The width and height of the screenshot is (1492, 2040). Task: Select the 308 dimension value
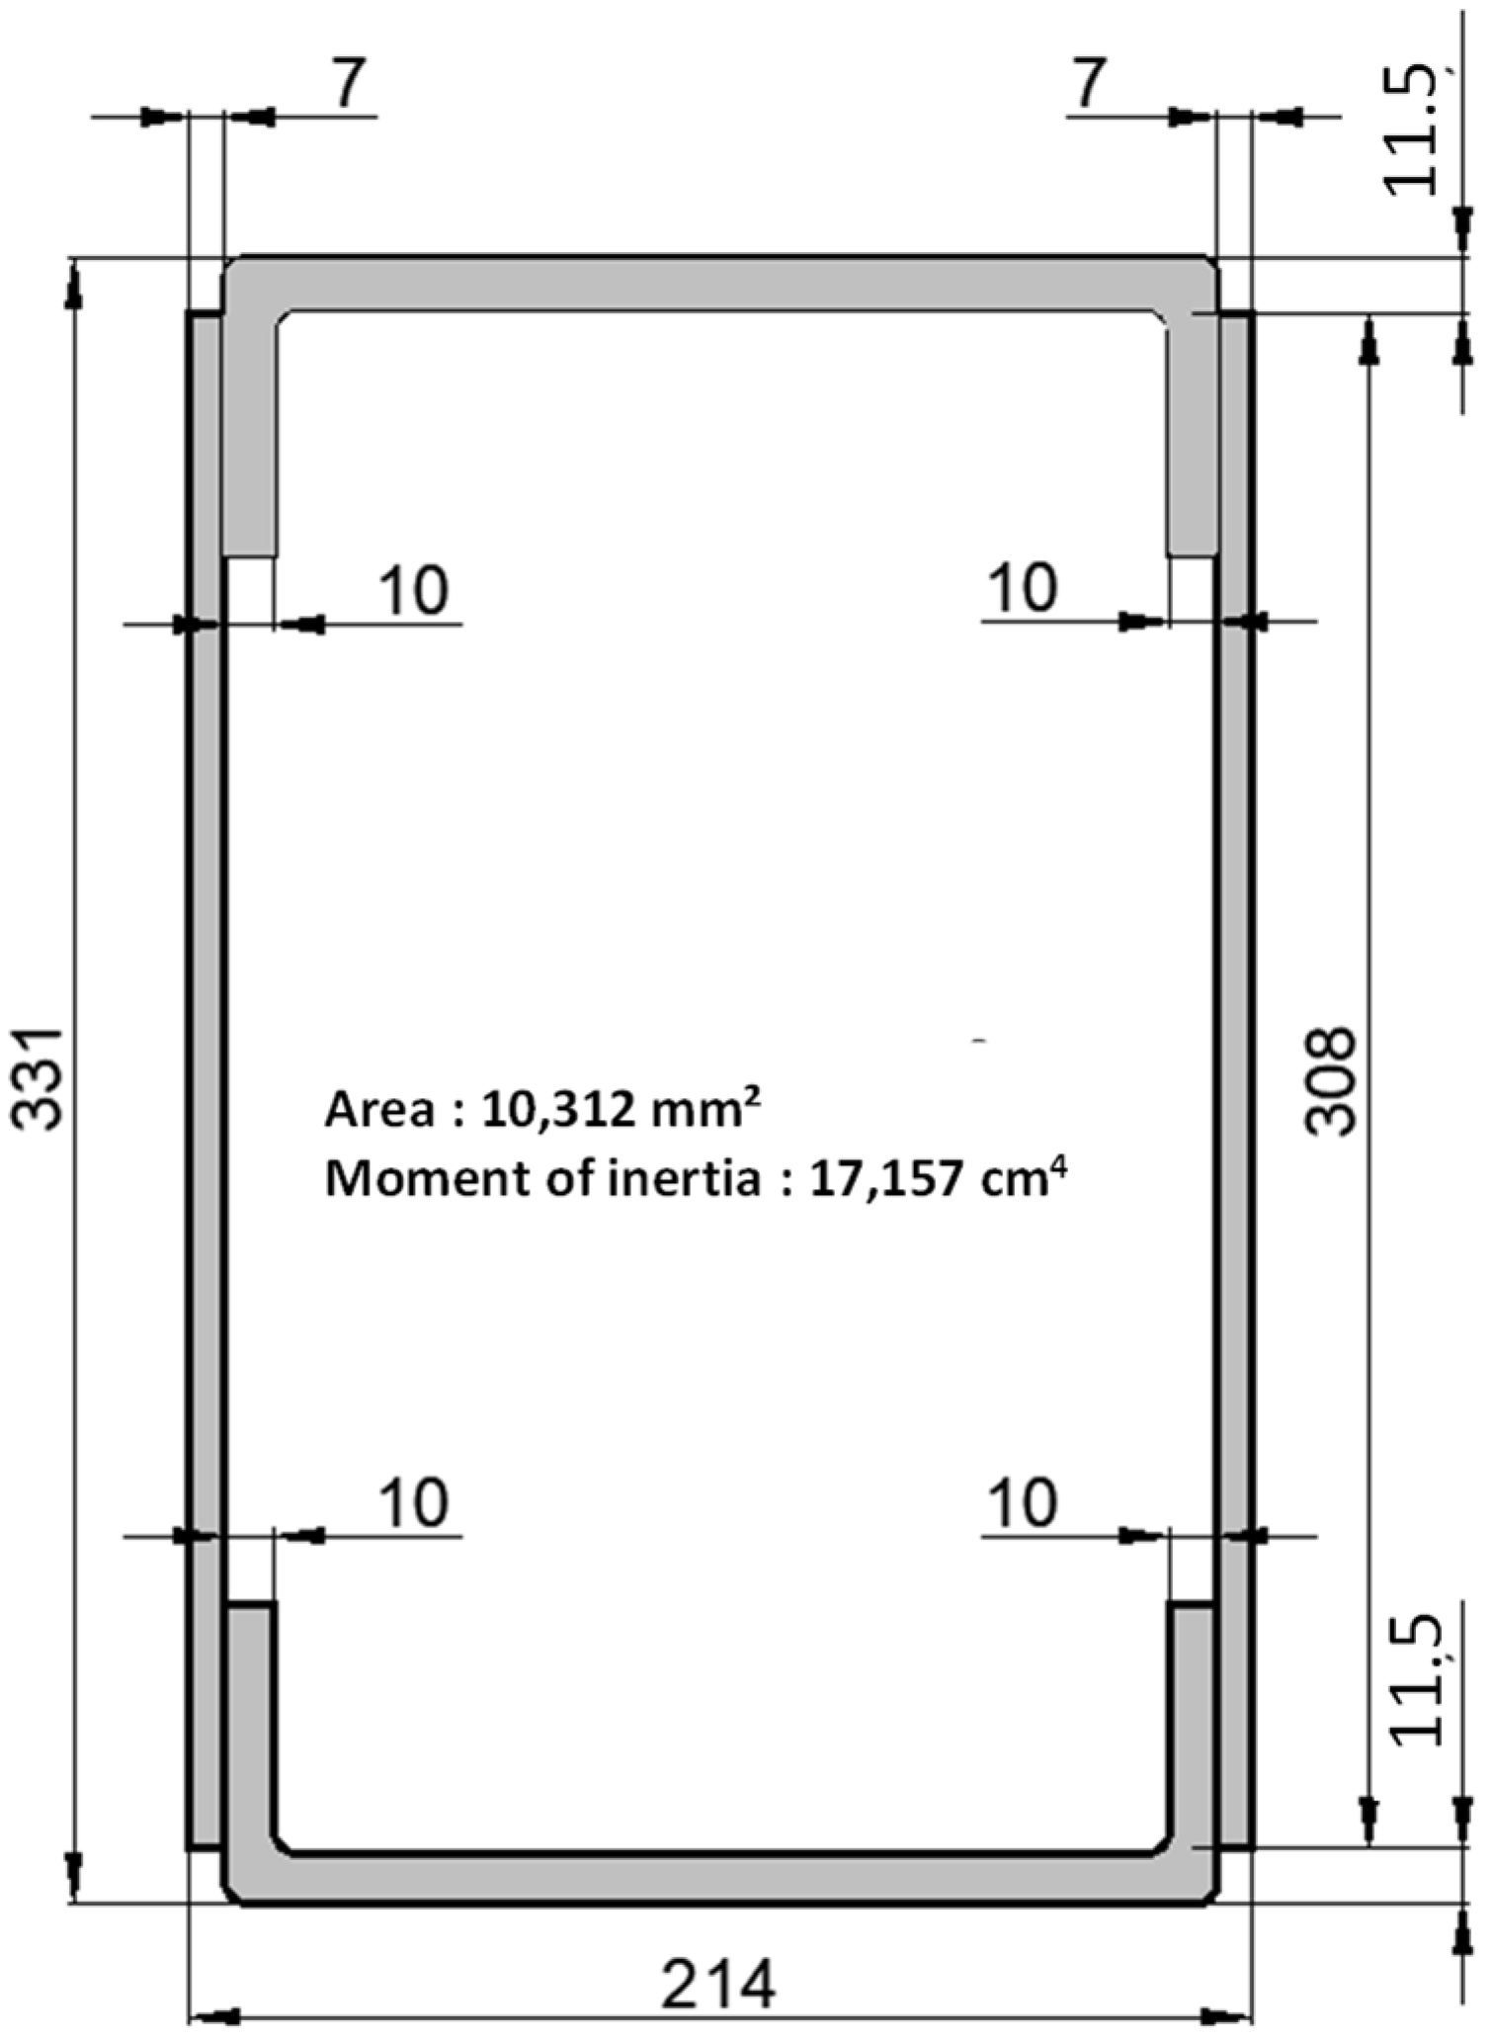[x=1330, y=1081]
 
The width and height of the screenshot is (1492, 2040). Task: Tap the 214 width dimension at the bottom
[x=719, y=1984]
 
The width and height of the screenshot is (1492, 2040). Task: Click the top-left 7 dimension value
[x=347, y=83]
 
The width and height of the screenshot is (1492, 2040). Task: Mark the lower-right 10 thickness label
[x=1023, y=1503]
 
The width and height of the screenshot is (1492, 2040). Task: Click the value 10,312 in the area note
[x=558, y=1111]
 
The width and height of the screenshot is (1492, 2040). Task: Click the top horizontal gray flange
[x=720, y=285]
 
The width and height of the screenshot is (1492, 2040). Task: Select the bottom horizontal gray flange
[x=720, y=1877]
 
